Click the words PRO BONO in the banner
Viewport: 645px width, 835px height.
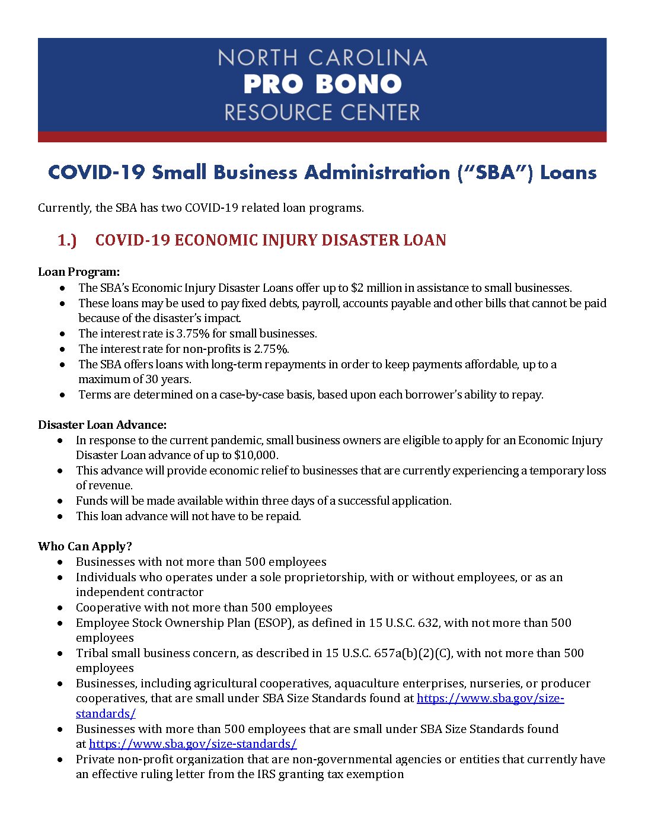(322, 84)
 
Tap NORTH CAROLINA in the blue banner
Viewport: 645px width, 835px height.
(322, 58)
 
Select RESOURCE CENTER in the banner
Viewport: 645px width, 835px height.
(322, 112)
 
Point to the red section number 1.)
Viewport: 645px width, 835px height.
(67, 240)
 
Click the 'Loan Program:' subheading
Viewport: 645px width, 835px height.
(79, 272)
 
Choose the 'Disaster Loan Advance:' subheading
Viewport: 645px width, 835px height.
(102, 425)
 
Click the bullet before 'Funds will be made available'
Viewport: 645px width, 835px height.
(60, 501)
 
